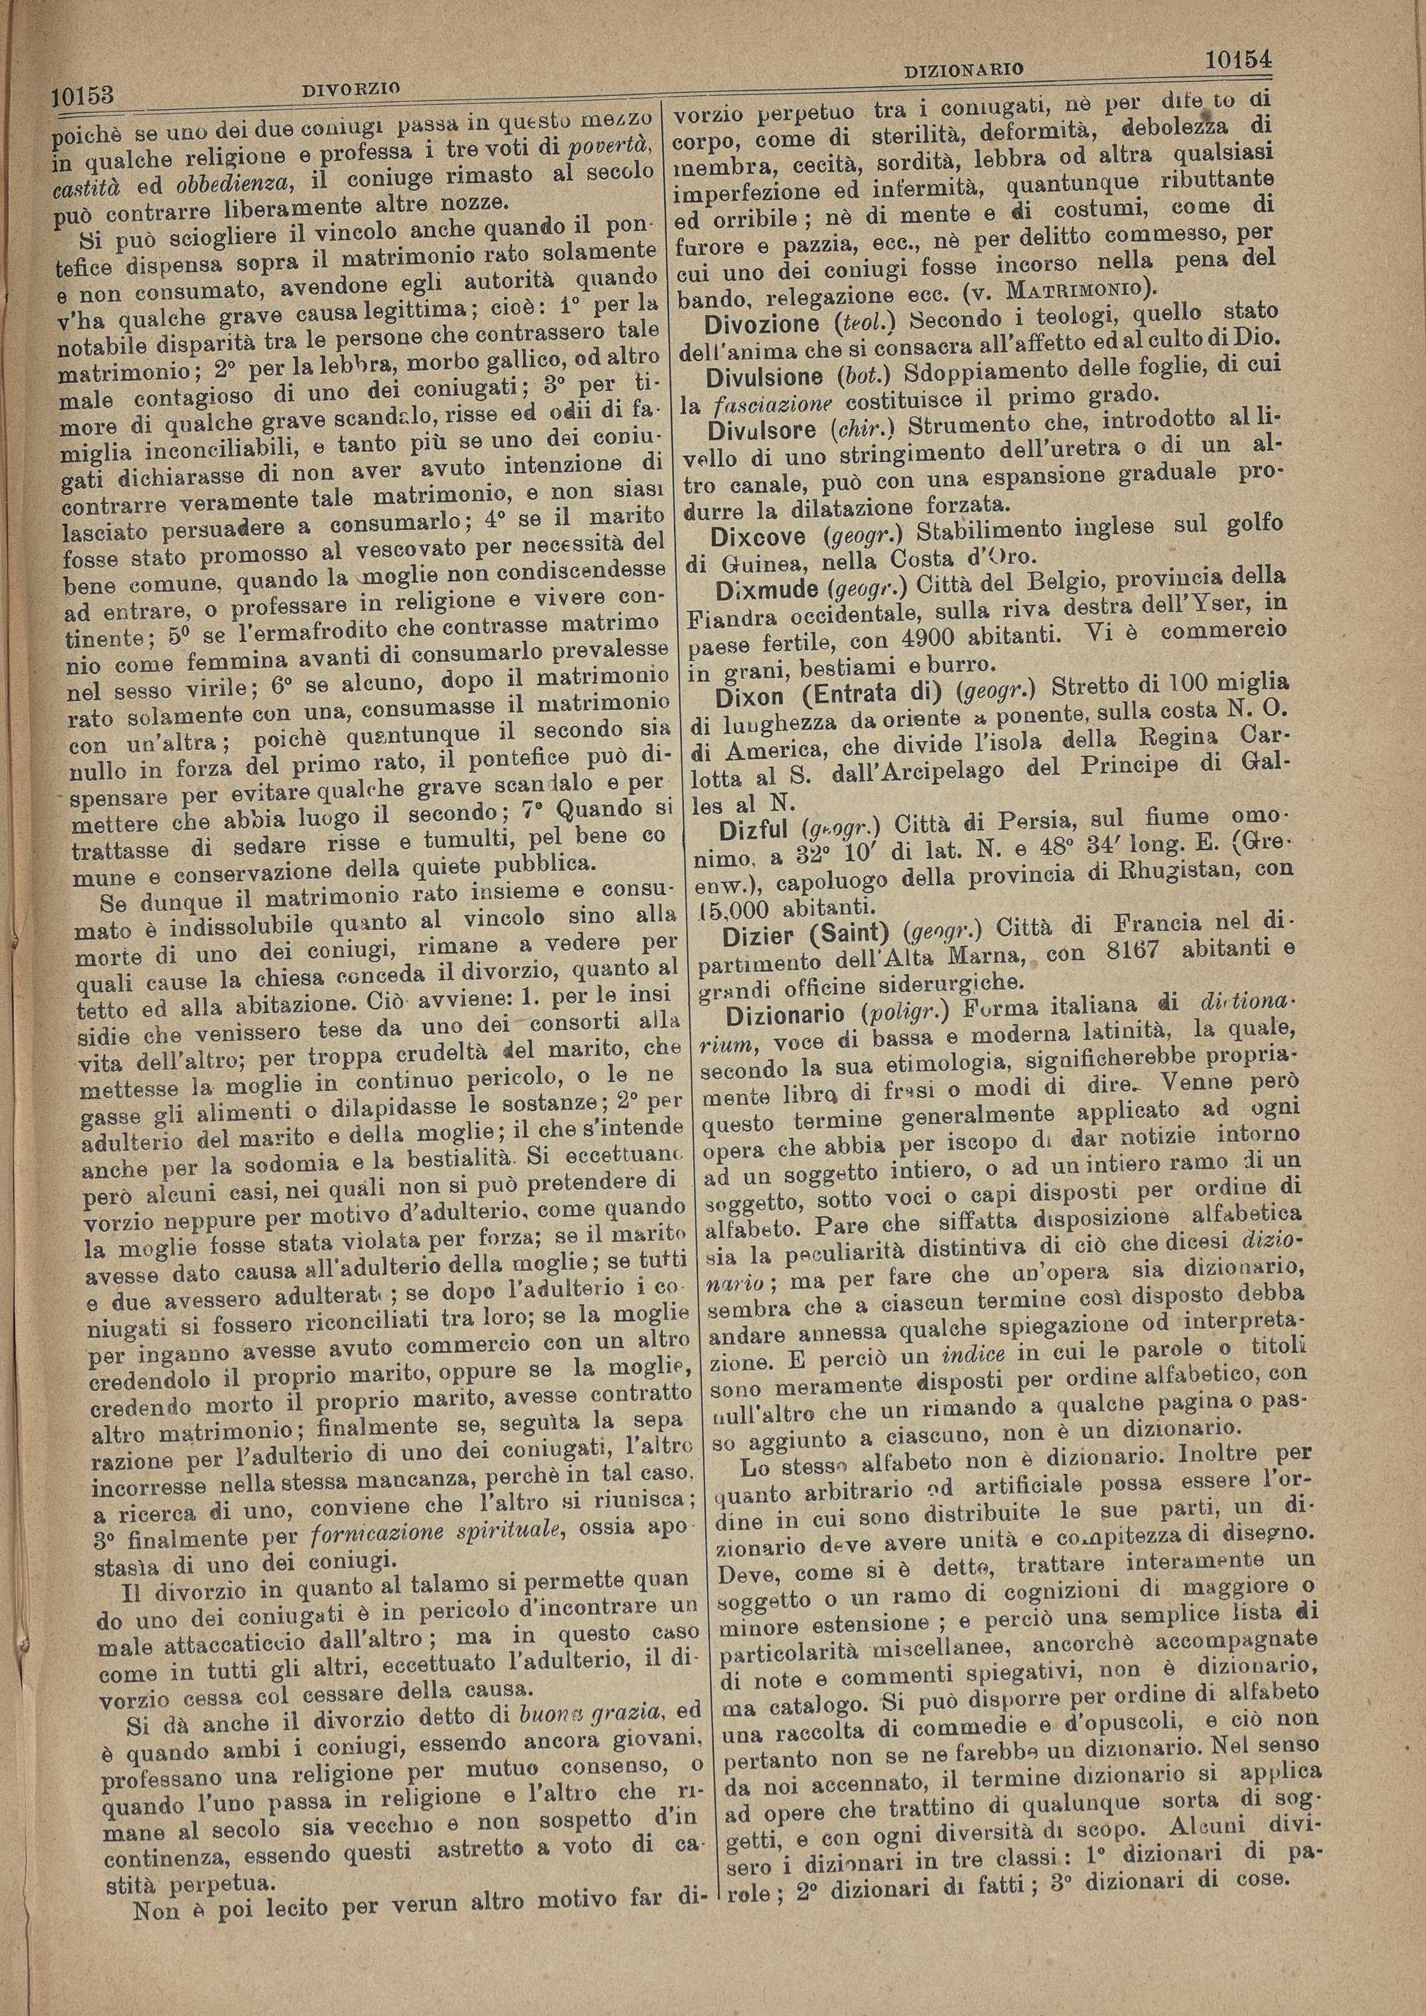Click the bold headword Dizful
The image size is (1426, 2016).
[x=756, y=831]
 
